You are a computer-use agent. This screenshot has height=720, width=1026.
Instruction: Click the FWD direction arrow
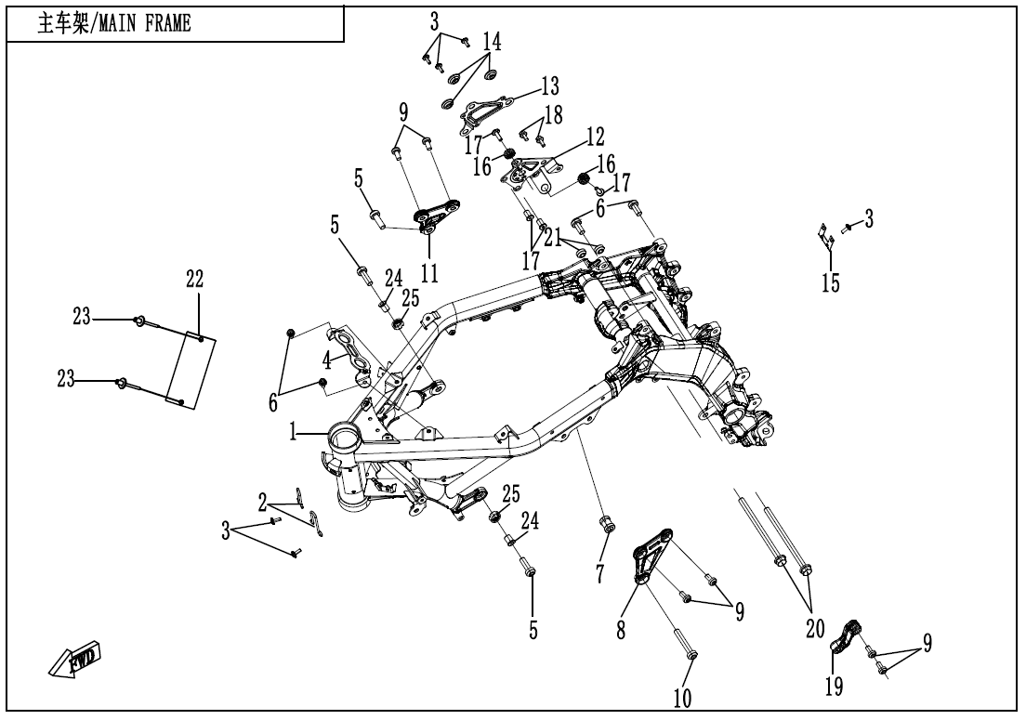(77, 659)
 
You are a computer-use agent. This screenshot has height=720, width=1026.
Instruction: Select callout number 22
(193, 279)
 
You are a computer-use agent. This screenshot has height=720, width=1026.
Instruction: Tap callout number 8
(621, 629)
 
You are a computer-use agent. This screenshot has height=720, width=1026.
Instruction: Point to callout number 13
(550, 87)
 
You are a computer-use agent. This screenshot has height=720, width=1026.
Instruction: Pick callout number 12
(594, 137)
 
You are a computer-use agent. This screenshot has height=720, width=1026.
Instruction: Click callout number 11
(429, 272)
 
